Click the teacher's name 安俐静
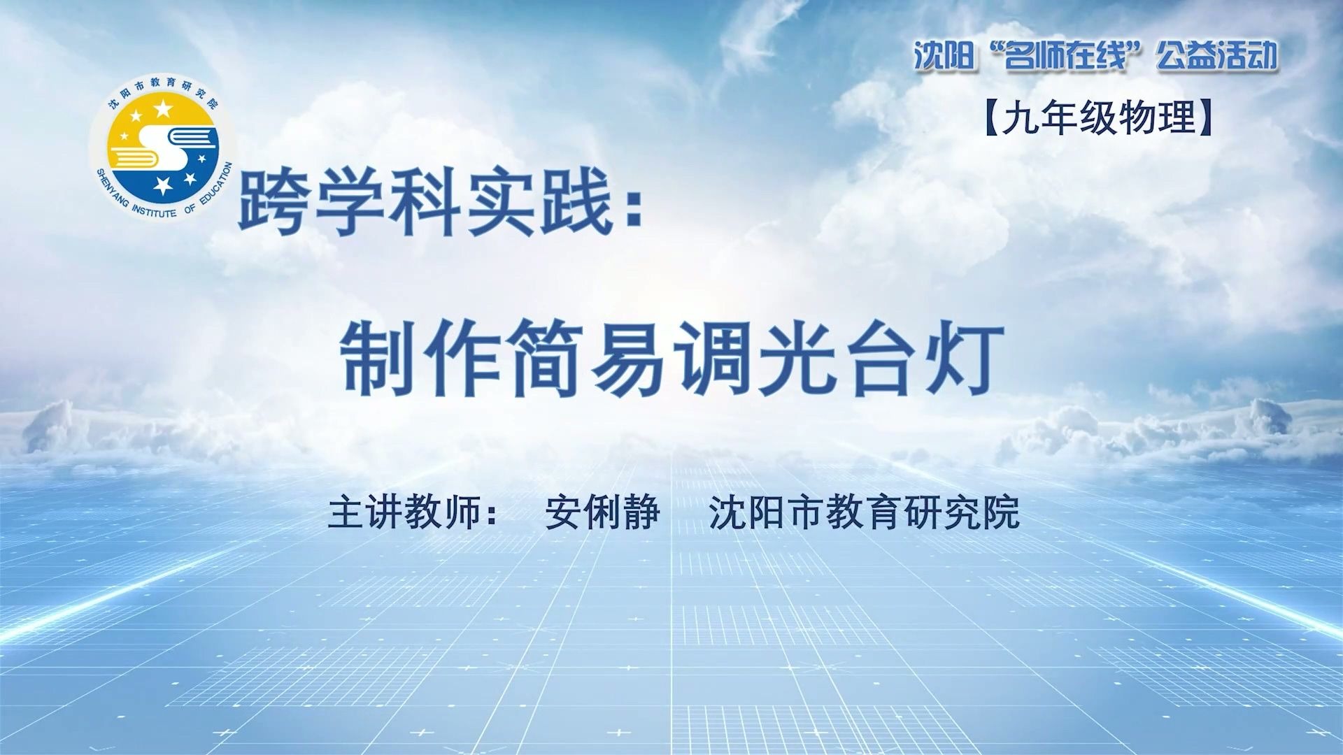pyautogui.click(x=602, y=512)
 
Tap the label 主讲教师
pyautogui.click(x=405, y=512)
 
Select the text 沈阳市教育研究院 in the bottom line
pyautogui.click(x=864, y=512)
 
